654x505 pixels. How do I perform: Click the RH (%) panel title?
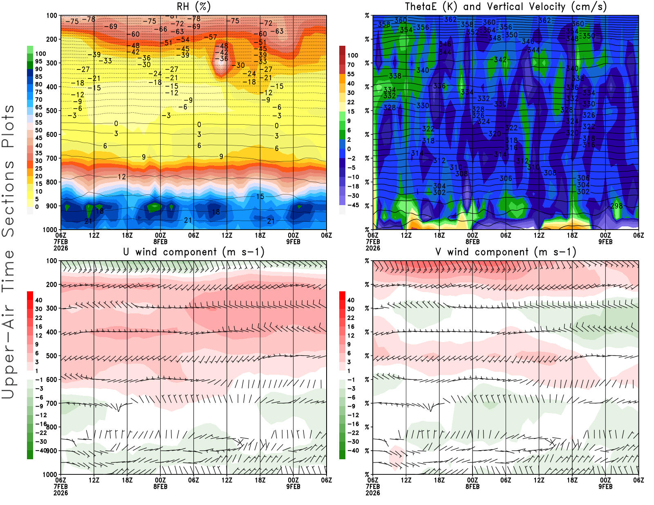coord(193,7)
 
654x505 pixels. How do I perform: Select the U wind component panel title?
coord(194,252)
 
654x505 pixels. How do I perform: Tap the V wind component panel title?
coord(506,252)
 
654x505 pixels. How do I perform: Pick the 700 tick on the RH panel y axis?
coord(52,158)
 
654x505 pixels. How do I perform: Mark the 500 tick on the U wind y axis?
coord(52,356)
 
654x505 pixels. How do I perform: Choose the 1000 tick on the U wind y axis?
coord(50,474)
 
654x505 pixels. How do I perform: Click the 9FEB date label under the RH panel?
coord(293,241)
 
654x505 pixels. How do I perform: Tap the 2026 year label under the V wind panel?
coord(373,493)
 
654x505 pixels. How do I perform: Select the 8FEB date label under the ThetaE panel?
coord(473,241)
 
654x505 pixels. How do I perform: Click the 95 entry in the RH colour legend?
coord(38,61)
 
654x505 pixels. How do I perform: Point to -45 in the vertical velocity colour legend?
coord(353,205)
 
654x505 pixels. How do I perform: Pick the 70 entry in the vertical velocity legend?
coord(351,65)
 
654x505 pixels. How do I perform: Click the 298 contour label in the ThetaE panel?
coord(616,206)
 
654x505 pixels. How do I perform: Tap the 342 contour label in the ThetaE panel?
coord(500,60)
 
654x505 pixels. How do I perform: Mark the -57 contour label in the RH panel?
coord(210,37)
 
